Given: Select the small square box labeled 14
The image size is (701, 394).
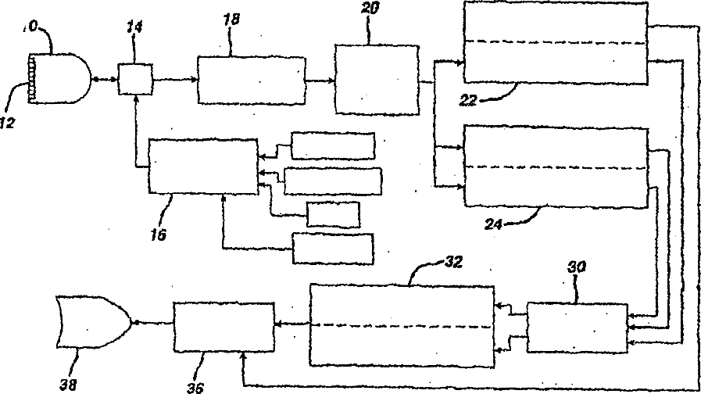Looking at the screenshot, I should click(x=134, y=79).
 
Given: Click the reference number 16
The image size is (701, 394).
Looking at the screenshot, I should click(x=159, y=233).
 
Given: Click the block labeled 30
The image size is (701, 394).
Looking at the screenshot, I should click(x=577, y=328).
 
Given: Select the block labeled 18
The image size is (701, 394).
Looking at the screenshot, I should click(x=250, y=79).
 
